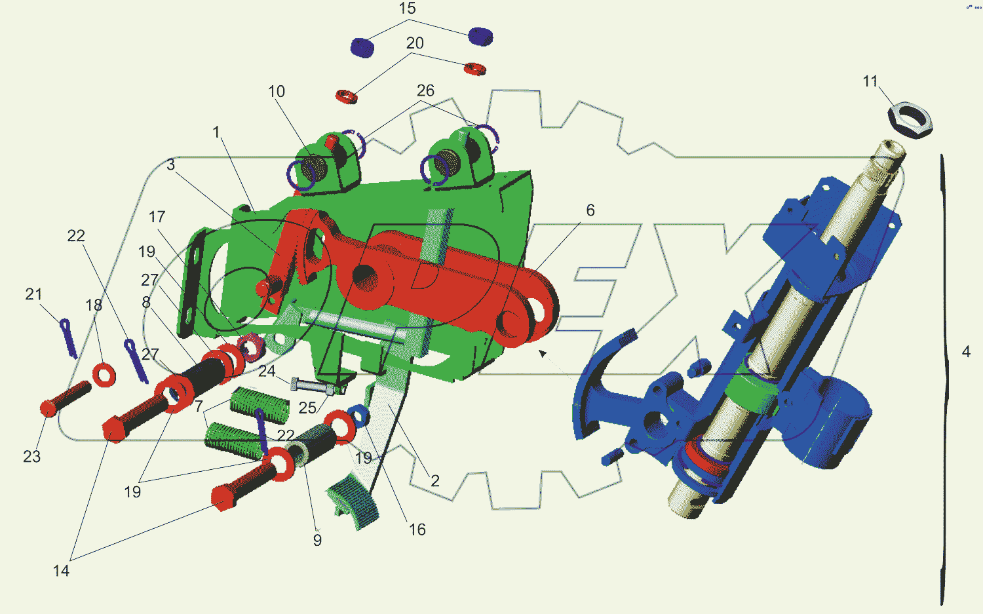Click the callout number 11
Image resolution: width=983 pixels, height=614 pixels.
pyautogui.click(x=870, y=82)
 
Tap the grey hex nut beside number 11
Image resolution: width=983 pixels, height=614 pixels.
pyautogui.click(x=910, y=120)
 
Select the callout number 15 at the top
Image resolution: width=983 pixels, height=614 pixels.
pyautogui.click(x=407, y=9)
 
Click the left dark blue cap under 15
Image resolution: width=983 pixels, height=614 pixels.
pyautogui.click(x=362, y=47)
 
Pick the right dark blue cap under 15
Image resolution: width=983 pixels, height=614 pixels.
pyautogui.click(x=480, y=37)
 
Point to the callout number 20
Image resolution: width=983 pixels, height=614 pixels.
pyautogui.click(x=415, y=43)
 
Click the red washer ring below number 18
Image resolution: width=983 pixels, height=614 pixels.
pyautogui.click(x=104, y=375)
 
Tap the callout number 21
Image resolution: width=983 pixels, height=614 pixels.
pyautogui.click(x=33, y=294)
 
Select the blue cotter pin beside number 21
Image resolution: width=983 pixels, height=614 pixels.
pyautogui.click(x=68, y=338)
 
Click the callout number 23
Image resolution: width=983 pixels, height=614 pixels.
pyautogui.click(x=31, y=457)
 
